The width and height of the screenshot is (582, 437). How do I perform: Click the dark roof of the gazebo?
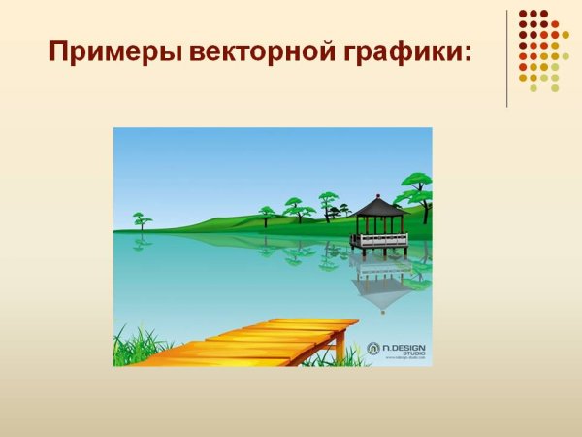pyautogui.click(x=378, y=207)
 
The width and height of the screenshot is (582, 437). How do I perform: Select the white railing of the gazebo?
pyautogui.click(x=379, y=239)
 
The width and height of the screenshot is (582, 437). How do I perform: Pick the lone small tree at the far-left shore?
pyautogui.click(x=143, y=219)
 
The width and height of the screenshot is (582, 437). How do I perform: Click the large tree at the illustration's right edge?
pyautogui.click(x=417, y=184)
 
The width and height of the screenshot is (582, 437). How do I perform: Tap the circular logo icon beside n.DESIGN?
pyautogui.click(x=373, y=346)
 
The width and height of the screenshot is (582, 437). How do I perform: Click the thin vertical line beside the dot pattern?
pyautogui.click(x=507, y=58)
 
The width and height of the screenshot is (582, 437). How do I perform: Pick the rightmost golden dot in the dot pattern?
pyautogui.click(x=566, y=35)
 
